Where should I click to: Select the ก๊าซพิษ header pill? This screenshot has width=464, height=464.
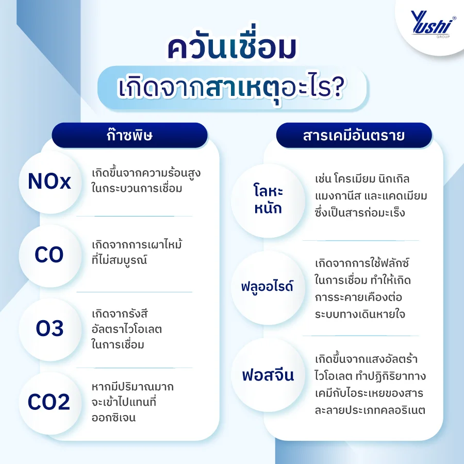(129, 135)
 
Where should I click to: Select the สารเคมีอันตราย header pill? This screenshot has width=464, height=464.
(354, 135)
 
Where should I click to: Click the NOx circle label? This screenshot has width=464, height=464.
(50, 182)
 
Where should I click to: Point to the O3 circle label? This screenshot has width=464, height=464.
(50, 329)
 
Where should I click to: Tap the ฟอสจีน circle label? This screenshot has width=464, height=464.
(268, 375)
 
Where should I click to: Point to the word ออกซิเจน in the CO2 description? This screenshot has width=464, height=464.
(113, 418)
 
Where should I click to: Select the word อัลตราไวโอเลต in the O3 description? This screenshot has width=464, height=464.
(127, 329)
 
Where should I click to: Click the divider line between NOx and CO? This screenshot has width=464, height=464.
(135, 217)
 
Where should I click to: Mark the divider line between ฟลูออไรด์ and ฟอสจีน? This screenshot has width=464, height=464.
(360, 336)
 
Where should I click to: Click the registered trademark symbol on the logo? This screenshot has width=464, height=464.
(454, 18)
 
